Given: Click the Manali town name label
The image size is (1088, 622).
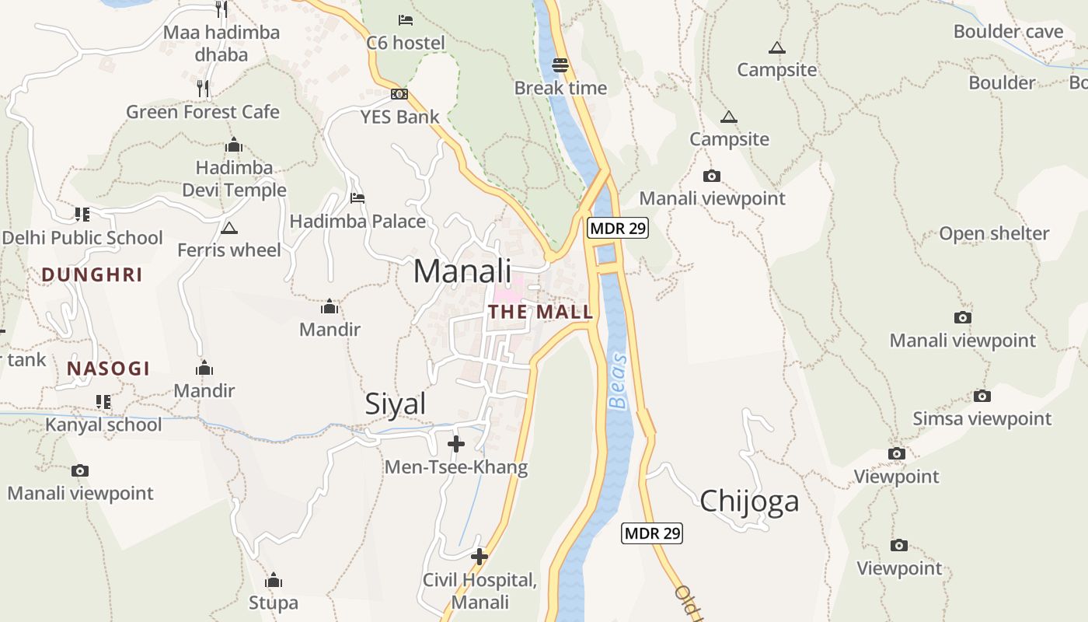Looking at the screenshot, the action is pos(462,271).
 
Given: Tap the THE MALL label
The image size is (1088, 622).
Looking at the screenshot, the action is pos(540,313).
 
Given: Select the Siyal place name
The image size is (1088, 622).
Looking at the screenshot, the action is pos(396,404).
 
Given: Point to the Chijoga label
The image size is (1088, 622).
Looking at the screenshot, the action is pos(749,501).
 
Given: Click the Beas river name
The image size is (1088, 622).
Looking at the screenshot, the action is pos(618,381).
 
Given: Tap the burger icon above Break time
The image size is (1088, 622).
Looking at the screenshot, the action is pos(560,65).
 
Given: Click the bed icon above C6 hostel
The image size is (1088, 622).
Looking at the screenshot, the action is pos(405,19).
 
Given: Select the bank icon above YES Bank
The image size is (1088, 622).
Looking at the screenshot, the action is pos(399,94).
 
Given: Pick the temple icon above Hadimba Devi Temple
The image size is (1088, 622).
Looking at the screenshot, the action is pos(234,145).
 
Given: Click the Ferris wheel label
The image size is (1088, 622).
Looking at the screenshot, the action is pos(229,250).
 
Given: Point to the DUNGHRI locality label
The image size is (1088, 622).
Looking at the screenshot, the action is pos(92,274).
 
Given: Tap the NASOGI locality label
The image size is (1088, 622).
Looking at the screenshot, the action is pos(108,369).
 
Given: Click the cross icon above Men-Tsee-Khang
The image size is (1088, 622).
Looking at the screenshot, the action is pos(456,444).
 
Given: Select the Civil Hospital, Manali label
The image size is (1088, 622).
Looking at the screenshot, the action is pos(479,591).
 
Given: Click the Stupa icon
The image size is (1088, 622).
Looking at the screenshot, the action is pos(273,581).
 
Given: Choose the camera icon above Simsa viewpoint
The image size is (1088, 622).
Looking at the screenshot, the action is pos(982,396).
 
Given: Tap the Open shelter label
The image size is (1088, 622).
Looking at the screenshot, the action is pos(994,233).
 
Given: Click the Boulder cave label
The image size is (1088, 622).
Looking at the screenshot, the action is pos(1008,32).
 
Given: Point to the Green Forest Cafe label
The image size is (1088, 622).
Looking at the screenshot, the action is pos(203,112).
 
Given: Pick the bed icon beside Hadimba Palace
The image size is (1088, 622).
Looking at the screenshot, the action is pos(357,198).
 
